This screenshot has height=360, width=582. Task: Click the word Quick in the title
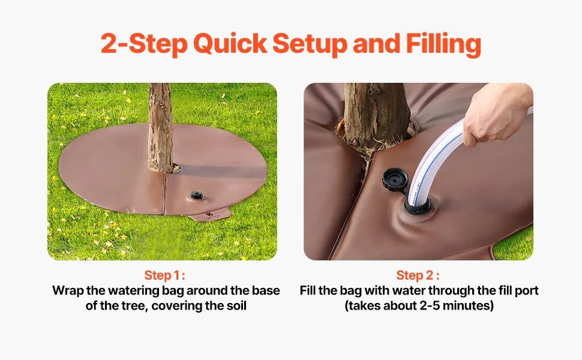tap(230, 44)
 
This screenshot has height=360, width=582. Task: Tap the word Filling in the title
tap(443, 44)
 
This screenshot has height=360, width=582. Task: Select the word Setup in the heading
tap(310, 44)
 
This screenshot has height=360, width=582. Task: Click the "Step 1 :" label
tap(164, 275)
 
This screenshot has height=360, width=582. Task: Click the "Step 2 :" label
tap(418, 275)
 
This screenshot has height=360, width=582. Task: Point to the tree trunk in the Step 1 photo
tap(160, 127)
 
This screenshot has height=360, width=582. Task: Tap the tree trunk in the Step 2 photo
tap(376, 115)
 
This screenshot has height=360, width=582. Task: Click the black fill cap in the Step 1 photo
tap(196, 195)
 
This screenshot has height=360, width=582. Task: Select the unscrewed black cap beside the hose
tap(395, 179)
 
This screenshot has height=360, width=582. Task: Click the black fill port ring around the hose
tap(418, 207)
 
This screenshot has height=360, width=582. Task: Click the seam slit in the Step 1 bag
tap(164, 193)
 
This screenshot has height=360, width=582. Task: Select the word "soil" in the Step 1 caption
tap(236, 306)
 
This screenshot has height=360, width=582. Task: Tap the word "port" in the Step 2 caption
tap(526, 291)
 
